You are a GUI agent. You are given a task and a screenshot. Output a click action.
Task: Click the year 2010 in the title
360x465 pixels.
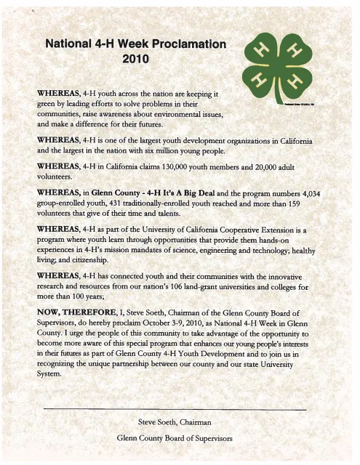coord(135,58)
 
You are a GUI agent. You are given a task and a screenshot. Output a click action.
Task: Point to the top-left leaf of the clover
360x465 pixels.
coord(260,52)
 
